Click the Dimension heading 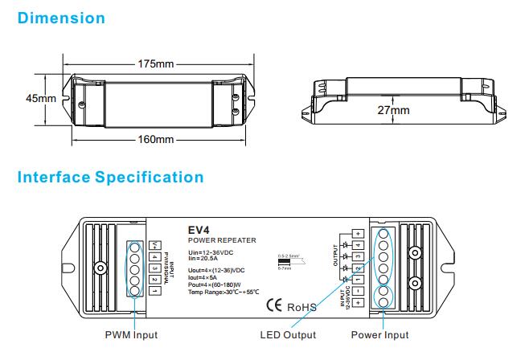pyautogui.click(x=61, y=18)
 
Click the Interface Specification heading pyautogui.click(x=110, y=177)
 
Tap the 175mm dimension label pyautogui.click(x=157, y=63)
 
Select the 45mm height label pyautogui.click(x=39, y=98)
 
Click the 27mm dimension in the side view pyautogui.click(x=393, y=111)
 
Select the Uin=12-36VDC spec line pyautogui.click(x=211, y=253)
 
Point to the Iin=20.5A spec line pyautogui.click(x=205, y=260)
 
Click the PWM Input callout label pyautogui.click(x=131, y=335)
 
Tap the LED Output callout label pyautogui.click(x=288, y=335)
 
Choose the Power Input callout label pyautogui.click(x=379, y=335)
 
